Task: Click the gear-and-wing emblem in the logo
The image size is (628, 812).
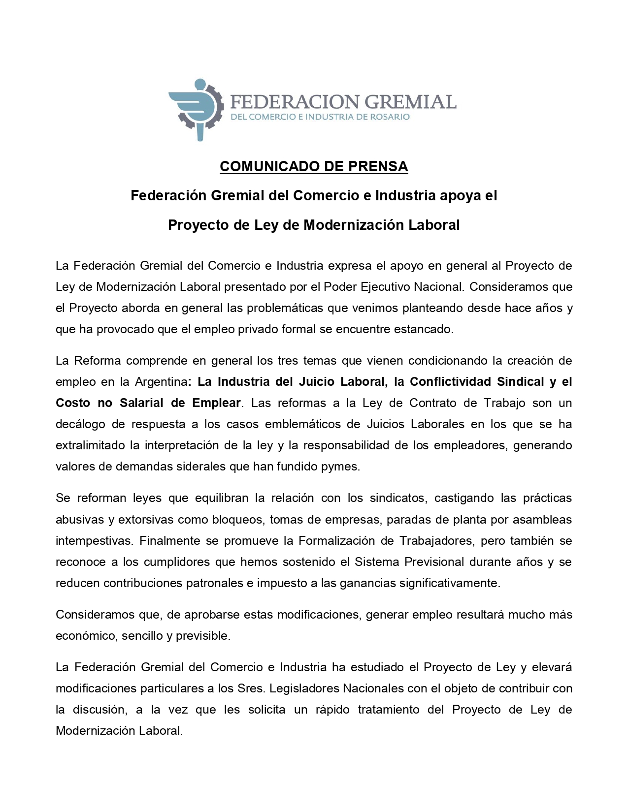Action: (x=195, y=109)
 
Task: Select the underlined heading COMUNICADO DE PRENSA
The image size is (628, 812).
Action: (x=314, y=167)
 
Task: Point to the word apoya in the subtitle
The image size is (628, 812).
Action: (x=460, y=196)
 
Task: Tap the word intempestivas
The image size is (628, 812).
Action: (x=93, y=541)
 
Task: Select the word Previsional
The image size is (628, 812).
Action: (x=434, y=562)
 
